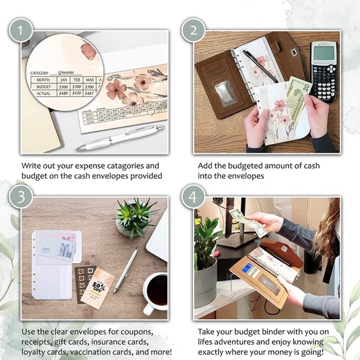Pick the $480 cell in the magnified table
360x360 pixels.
click(61, 94)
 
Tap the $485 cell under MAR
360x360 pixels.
click(90, 94)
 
